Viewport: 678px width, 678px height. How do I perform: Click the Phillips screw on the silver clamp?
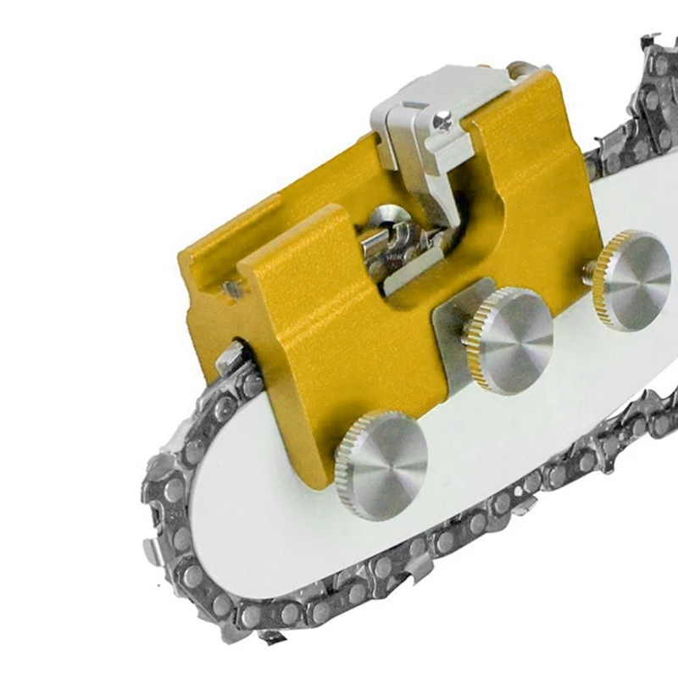(x=441, y=122)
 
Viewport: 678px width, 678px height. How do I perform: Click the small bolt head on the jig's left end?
(x=231, y=290)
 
